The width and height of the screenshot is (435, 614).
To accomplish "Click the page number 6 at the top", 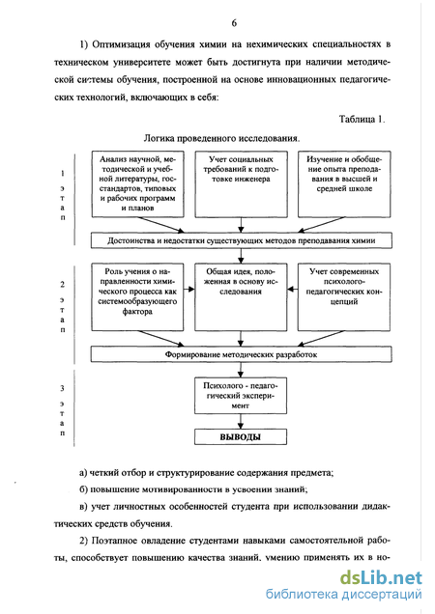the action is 234,23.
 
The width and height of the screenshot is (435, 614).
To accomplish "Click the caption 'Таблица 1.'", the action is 362,119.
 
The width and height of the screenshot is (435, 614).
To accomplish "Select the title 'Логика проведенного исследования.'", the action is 221,138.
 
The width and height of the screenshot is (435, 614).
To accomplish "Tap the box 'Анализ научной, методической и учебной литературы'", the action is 137,184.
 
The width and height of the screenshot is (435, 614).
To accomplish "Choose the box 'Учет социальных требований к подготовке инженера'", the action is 241,184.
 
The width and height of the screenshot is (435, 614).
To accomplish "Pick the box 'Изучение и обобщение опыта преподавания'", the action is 344,184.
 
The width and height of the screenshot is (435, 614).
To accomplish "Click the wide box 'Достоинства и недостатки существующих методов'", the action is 242,240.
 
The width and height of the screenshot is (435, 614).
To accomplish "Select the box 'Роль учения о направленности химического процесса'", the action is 137,296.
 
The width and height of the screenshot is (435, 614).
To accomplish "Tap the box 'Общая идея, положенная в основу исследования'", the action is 241,296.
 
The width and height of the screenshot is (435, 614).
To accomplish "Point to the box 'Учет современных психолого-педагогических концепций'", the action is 344,296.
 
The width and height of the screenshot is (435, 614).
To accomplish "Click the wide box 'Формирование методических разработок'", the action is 242,354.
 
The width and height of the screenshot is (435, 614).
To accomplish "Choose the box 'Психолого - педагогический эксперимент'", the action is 241,396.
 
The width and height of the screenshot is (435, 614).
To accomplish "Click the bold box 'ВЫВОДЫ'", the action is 241,437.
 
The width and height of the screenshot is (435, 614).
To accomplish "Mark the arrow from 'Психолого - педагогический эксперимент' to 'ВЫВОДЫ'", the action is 241,422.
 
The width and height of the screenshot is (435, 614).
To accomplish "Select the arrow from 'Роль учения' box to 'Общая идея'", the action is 189,290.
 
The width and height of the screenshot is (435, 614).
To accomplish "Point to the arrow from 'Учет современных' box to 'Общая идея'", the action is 293,290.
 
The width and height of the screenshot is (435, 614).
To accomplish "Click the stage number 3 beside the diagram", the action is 63,388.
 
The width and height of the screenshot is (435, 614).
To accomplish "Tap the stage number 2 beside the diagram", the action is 63,285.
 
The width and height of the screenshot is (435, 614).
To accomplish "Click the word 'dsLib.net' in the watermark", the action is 381,577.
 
